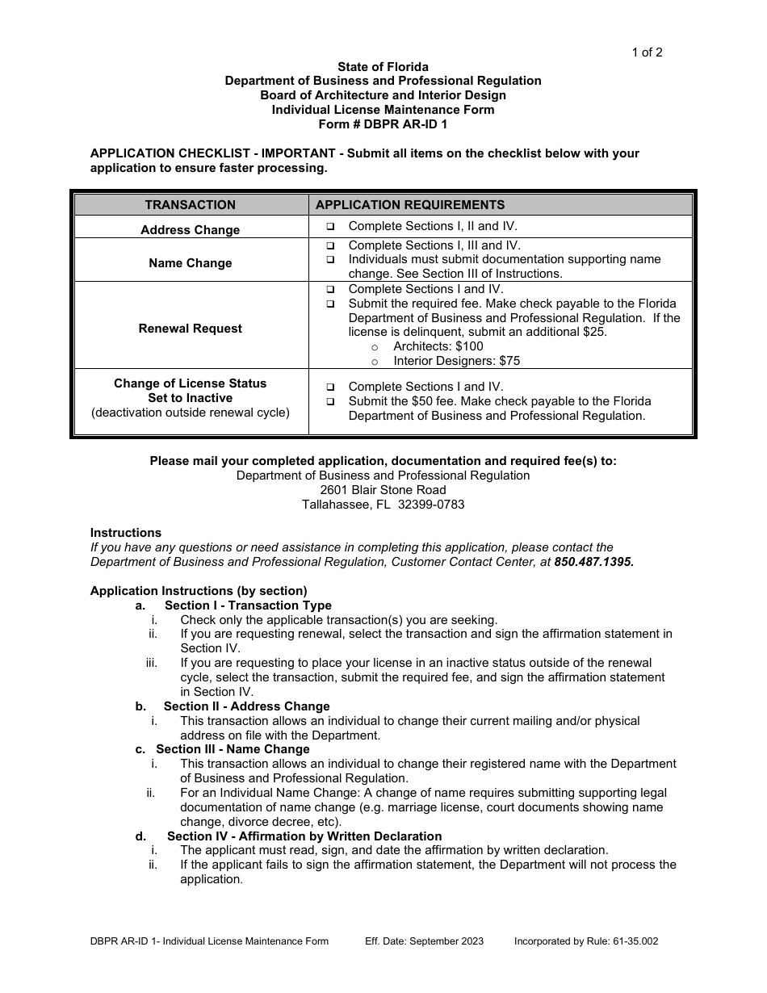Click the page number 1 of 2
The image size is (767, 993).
click(x=647, y=52)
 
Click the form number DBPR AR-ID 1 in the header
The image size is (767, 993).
click(x=383, y=124)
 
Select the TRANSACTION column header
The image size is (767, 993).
click(x=190, y=205)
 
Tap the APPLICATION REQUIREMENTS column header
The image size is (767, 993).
click(x=409, y=205)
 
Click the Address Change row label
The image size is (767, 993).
click(x=190, y=230)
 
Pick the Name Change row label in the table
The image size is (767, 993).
click(x=190, y=263)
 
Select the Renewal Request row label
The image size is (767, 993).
click(x=190, y=329)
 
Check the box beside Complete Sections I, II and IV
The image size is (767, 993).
click(x=330, y=227)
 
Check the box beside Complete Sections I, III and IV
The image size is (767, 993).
click(x=330, y=245)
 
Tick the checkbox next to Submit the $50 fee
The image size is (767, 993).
click(x=330, y=401)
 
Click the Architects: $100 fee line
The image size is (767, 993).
click(x=438, y=346)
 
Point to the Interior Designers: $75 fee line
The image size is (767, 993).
click(x=456, y=361)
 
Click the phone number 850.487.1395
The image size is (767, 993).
click(x=593, y=562)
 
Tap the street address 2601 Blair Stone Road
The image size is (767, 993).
click(x=383, y=490)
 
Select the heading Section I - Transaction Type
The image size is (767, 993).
click(x=248, y=605)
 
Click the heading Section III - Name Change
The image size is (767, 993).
click(x=233, y=749)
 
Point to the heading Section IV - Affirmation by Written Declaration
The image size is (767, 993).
click(x=304, y=836)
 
